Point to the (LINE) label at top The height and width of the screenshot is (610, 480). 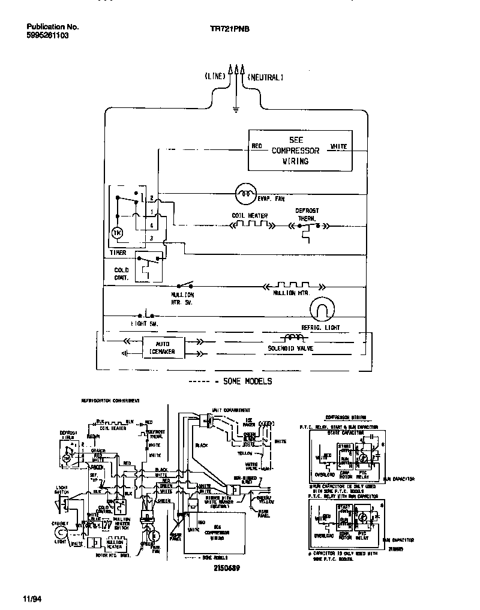[214, 77]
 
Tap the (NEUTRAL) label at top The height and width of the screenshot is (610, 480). [265, 77]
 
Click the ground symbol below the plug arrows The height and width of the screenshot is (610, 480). [236, 109]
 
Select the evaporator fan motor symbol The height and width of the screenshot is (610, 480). [244, 192]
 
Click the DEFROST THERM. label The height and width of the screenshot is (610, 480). [307, 215]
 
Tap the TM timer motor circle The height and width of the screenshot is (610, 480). [118, 233]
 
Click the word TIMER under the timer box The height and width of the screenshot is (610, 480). [118, 253]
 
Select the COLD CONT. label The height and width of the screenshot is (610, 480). [121, 274]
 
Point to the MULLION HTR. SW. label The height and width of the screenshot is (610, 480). [182, 298]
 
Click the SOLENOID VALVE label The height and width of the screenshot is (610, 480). [291, 348]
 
